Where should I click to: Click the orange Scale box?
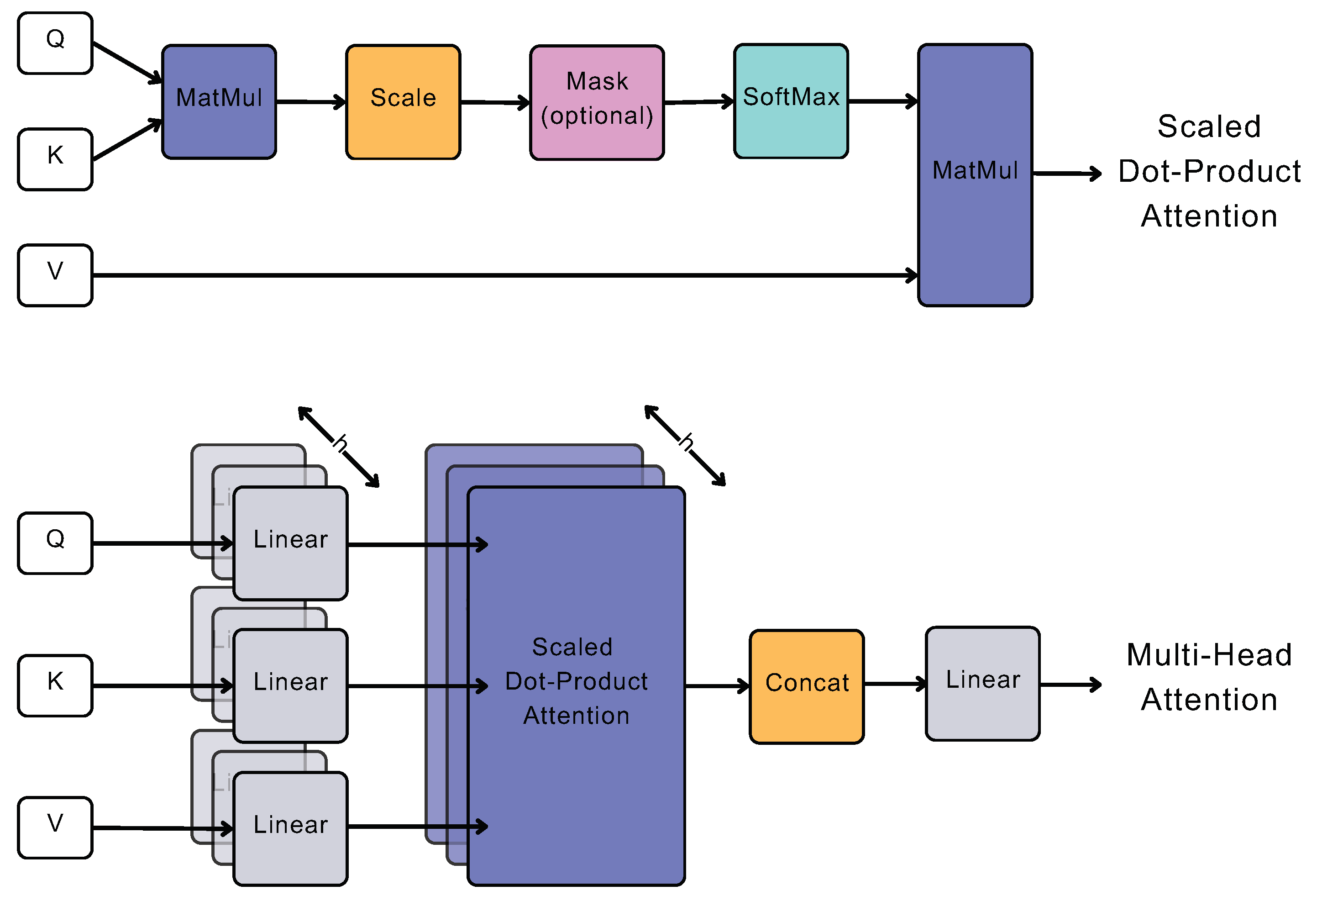tap(403, 102)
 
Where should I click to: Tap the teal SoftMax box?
tap(791, 101)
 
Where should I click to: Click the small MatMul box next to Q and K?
tap(219, 101)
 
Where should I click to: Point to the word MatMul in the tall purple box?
tap(975, 170)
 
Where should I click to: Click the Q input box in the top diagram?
tap(55, 43)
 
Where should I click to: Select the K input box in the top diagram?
tap(55, 159)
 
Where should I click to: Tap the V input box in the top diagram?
tap(55, 275)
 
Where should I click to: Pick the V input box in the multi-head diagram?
tap(55, 827)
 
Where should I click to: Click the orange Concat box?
tap(807, 686)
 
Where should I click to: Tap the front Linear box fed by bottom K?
tap(290, 685)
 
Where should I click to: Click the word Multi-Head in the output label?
tap(1209, 655)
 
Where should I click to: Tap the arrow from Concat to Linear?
tap(894, 685)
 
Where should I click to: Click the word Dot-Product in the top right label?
tap(1209, 171)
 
